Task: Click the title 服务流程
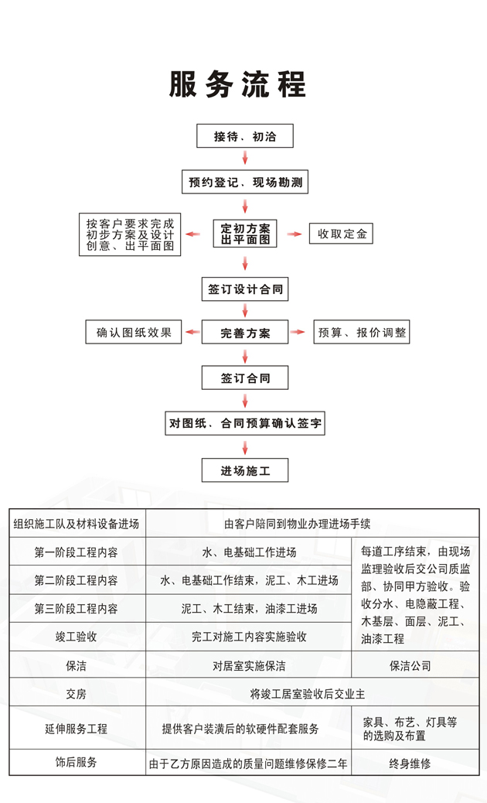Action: click(x=238, y=84)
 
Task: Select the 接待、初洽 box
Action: click(x=245, y=136)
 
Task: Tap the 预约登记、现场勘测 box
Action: click(x=245, y=182)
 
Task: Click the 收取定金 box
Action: click(x=341, y=234)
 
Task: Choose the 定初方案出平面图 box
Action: click(x=245, y=234)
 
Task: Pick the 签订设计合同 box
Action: click(x=245, y=289)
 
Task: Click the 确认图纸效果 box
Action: click(x=134, y=333)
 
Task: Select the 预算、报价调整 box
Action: click(x=362, y=333)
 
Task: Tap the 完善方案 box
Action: click(x=245, y=333)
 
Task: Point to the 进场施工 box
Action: click(x=245, y=470)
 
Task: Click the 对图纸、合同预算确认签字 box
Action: click(x=245, y=423)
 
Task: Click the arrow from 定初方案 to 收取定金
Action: click(x=295, y=234)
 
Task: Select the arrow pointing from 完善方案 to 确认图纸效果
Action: click(x=192, y=333)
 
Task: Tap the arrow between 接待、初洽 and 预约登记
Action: click(x=245, y=157)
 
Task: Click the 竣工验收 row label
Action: click(x=77, y=637)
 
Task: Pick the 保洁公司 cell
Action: click(x=410, y=666)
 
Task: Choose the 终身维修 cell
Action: click(x=410, y=764)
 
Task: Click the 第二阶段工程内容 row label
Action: click(x=77, y=580)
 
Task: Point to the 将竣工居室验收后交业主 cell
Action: click(x=308, y=694)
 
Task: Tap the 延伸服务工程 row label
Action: click(x=77, y=729)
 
